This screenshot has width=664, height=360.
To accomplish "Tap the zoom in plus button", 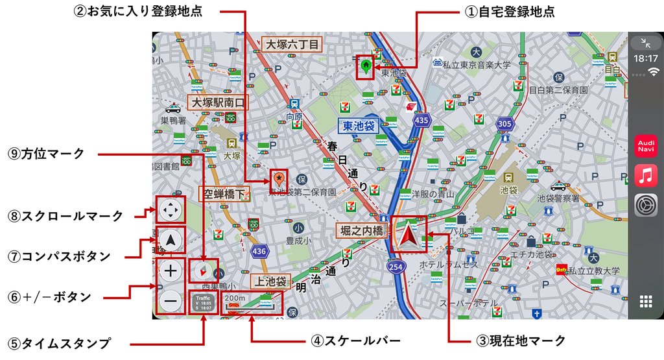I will pyautogui.click(x=171, y=271).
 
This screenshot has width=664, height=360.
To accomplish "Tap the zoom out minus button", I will pyautogui.click(x=171, y=300).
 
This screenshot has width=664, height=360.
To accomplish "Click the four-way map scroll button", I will pyautogui.click(x=171, y=210).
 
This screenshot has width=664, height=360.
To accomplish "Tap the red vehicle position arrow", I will pyautogui.click(x=409, y=235).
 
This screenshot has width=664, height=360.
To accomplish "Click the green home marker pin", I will pyautogui.click(x=366, y=66).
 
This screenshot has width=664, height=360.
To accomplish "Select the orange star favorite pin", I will pyautogui.click(x=279, y=178).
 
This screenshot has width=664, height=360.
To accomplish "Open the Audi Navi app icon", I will pyautogui.click(x=646, y=146).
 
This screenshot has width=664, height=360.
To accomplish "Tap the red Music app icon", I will pyautogui.click(x=646, y=176).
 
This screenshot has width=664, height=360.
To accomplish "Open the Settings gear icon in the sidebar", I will pyautogui.click(x=646, y=206).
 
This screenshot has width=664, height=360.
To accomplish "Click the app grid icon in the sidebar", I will pyautogui.click(x=646, y=301).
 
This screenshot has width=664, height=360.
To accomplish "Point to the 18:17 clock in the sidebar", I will pyautogui.click(x=646, y=58).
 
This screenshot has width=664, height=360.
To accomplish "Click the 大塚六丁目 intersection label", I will pyautogui.click(x=292, y=44).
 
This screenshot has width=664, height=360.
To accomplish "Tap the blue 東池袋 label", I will pyautogui.click(x=359, y=126).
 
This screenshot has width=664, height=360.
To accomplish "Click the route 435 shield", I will pyautogui.click(x=422, y=120).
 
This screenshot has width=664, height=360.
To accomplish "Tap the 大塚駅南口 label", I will pyautogui.click(x=218, y=102).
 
